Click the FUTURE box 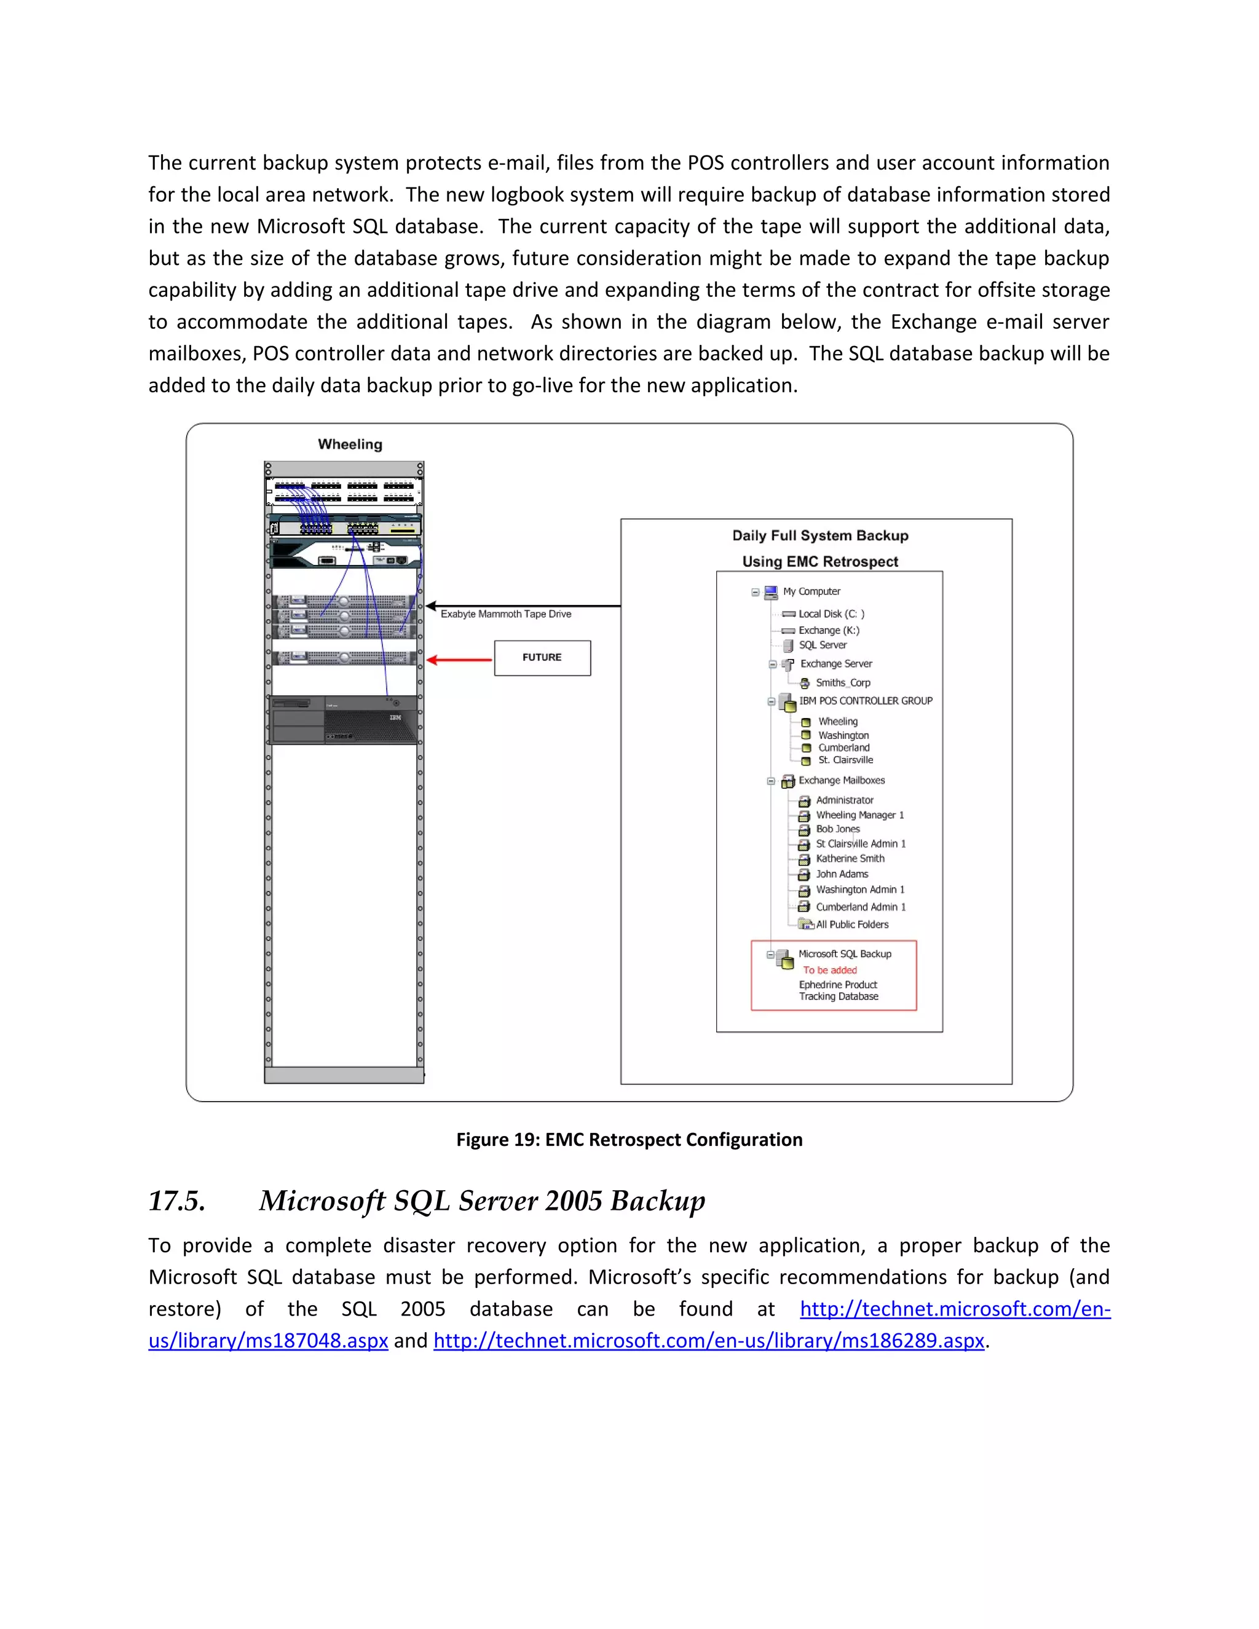point(542,658)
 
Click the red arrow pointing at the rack point(459,660)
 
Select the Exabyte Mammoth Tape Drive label point(506,614)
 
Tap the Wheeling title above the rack point(350,444)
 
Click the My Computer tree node point(811,591)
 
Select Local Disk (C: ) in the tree point(831,614)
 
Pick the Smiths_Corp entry point(842,682)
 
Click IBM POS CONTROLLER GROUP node point(865,701)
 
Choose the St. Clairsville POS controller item point(845,760)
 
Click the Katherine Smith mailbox point(850,859)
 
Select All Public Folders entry point(852,924)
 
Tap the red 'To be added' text point(829,971)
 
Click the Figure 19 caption point(629,1140)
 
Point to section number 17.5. point(177,1201)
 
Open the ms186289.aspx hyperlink point(709,1340)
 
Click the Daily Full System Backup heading point(819,535)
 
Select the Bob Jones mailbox point(838,829)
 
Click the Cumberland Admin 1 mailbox point(860,907)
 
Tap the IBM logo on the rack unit point(395,717)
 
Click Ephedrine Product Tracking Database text point(839,990)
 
